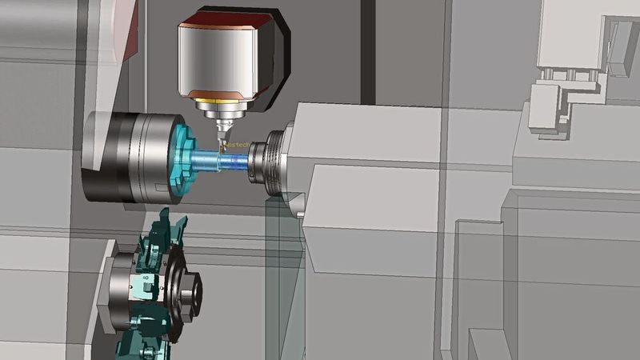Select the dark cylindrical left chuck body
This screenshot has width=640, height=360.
[x=120, y=156]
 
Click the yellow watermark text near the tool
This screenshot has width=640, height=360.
[x=238, y=145]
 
